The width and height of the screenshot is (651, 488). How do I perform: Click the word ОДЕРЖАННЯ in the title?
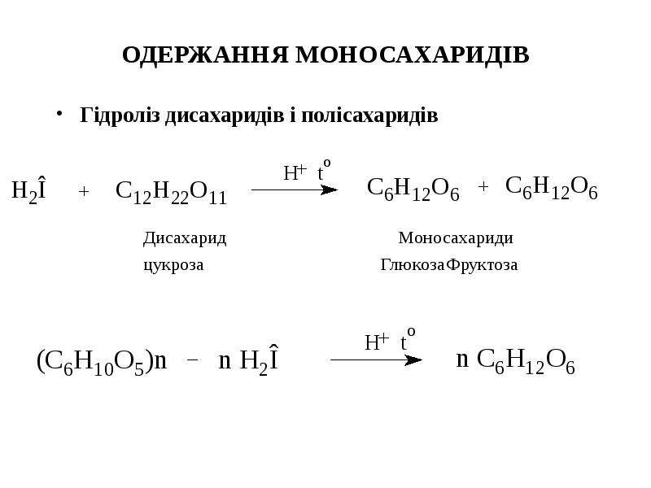coord(205,55)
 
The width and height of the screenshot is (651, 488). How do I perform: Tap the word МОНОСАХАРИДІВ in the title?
coord(413,54)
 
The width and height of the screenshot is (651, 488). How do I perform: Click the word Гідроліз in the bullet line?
coord(120,115)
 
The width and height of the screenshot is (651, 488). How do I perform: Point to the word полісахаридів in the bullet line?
coord(369,115)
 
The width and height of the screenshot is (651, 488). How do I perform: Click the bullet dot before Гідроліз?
coord(59,113)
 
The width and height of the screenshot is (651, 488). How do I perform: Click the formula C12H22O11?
coord(171,192)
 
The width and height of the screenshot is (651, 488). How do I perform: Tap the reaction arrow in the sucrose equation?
coord(295,190)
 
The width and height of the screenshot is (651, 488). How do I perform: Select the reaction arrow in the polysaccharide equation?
coord(376,359)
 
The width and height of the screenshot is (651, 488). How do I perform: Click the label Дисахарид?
coord(185,239)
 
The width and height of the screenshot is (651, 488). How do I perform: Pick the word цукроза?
coord(173,265)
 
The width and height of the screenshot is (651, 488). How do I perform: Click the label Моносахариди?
coord(456,238)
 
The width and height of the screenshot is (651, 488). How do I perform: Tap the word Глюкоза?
coord(413,264)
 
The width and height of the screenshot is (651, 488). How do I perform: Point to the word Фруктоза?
coord(483,264)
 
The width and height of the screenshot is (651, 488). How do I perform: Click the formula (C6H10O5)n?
coord(102,361)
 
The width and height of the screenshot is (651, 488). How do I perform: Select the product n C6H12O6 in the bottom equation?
coord(515,360)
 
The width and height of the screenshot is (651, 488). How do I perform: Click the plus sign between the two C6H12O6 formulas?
coord(483,187)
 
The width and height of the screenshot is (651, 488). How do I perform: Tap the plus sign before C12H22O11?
coord(84,191)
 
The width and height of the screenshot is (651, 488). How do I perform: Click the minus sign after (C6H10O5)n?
coord(192,360)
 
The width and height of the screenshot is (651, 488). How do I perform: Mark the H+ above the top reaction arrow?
coord(295,172)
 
